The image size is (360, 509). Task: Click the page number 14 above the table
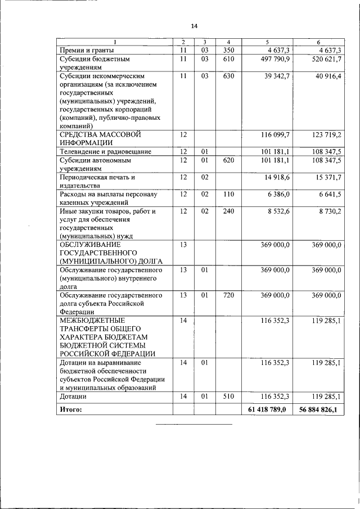(195, 26)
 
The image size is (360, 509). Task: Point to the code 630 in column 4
(228, 76)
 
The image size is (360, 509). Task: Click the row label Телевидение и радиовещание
(106, 151)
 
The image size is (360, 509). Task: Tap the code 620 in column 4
(228, 160)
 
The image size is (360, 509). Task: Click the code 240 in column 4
(228, 211)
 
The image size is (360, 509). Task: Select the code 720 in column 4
(228, 295)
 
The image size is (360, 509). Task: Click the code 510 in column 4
(228, 396)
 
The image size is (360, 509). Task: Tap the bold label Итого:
(71, 409)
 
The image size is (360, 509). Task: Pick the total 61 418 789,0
(267, 409)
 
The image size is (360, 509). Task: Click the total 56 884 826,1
(318, 409)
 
